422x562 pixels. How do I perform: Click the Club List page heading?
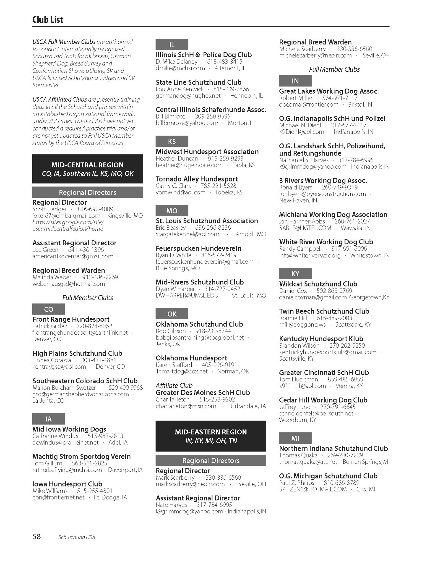point(48,20)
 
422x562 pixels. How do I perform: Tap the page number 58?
point(36,536)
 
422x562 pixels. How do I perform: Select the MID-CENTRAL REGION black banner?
point(87,169)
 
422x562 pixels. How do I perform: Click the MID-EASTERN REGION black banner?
point(211,436)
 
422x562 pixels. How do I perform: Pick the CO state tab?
point(49,309)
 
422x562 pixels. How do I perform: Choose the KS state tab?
point(172,141)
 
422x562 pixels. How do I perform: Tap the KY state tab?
point(295,274)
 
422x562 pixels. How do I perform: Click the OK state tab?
point(172,314)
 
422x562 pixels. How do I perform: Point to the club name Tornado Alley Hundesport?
point(197,179)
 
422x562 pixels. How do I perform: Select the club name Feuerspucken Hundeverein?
point(198,248)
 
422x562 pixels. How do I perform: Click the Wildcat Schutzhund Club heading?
point(318,284)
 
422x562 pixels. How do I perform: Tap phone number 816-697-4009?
point(96,209)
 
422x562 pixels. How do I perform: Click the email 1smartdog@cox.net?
point(182,371)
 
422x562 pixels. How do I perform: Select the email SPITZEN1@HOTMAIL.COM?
point(313,489)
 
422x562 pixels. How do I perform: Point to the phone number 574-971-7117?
point(340,98)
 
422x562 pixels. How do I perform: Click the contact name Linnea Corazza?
point(52,360)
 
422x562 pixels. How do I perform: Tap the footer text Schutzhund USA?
point(77,537)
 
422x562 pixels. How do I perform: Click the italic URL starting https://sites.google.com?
point(68,225)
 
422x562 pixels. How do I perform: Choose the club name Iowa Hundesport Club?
point(67,484)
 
